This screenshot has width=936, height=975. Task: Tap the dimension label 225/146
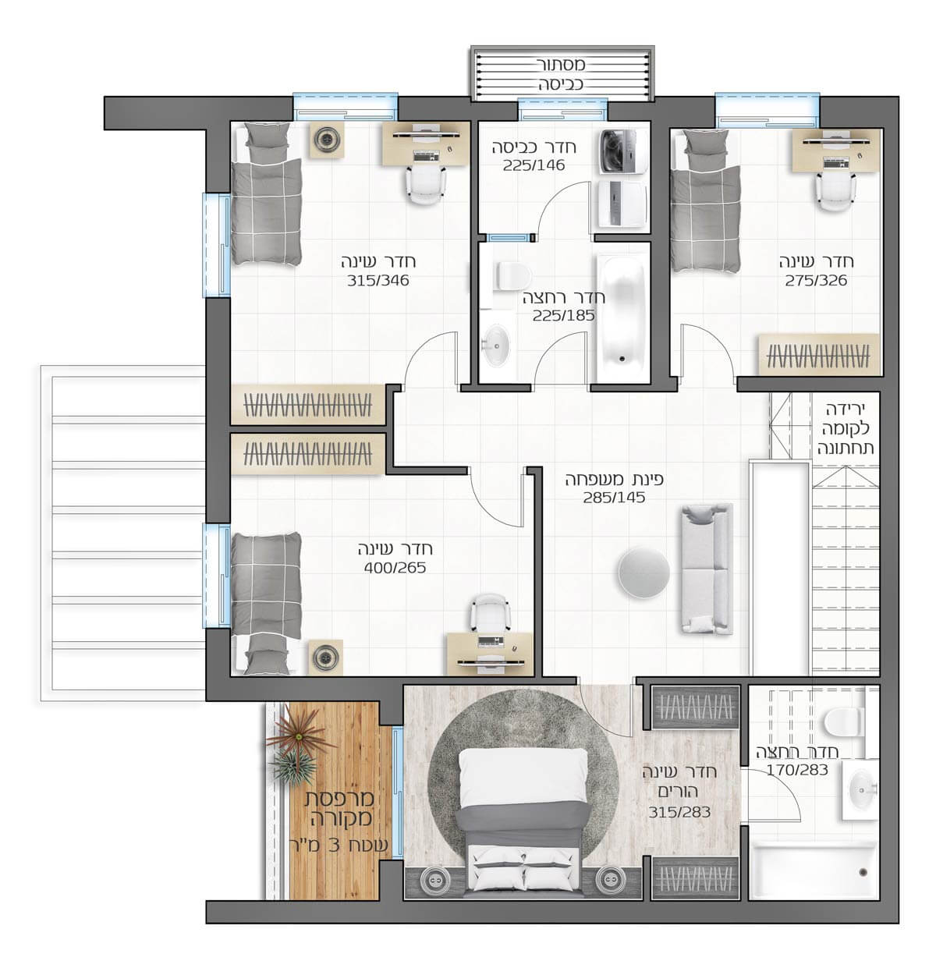(x=534, y=165)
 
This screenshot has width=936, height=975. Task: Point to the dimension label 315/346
(x=378, y=280)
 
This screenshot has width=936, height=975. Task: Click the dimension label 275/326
(x=816, y=280)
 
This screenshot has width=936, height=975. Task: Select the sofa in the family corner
(x=707, y=569)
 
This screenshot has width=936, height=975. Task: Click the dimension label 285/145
(x=615, y=498)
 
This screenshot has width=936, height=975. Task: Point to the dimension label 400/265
(x=395, y=568)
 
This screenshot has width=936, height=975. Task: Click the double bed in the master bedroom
(x=524, y=821)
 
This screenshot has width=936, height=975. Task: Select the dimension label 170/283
(x=797, y=770)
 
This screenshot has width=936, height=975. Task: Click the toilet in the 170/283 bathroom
(x=844, y=721)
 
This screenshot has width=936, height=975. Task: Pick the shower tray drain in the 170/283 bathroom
(x=863, y=872)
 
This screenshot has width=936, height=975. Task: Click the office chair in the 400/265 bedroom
(x=491, y=613)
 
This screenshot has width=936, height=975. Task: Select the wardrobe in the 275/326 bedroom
(x=819, y=354)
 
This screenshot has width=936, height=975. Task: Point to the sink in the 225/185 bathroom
(x=495, y=344)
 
